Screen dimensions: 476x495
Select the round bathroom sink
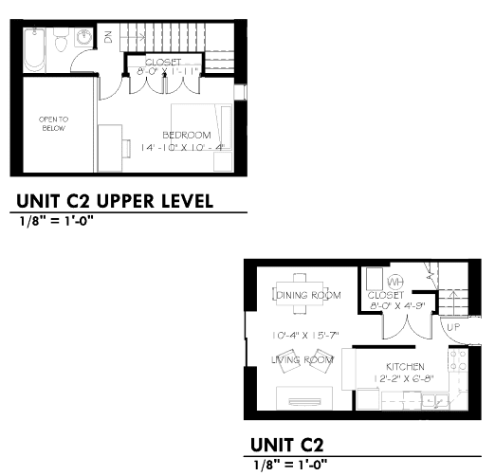pos(84,39)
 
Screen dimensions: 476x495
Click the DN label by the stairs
pos(108,38)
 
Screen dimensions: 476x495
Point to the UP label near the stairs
pos(455,327)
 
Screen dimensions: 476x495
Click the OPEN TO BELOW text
pos(52,123)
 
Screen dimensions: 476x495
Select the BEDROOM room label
pos(187,135)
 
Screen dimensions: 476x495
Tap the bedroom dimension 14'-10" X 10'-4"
pos(181,148)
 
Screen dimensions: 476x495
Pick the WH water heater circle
pos(395,282)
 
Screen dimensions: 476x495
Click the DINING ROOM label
pos(307,295)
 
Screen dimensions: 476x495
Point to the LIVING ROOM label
pos(302,360)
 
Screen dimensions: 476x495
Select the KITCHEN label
pos(405,367)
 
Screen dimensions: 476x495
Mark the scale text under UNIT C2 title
pos(290,464)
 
